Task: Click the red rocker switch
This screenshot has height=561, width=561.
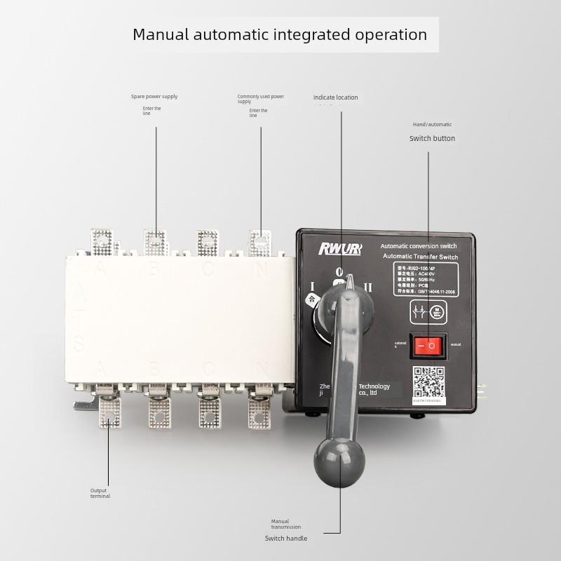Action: (x=428, y=345)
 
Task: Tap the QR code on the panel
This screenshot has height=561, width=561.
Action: (x=428, y=383)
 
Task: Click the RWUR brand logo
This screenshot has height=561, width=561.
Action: (x=339, y=248)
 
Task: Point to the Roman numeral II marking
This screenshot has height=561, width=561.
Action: (x=368, y=287)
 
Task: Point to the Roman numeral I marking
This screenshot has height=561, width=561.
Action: (x=311, y=286)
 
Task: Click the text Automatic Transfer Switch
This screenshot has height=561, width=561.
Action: (x=420, y=257)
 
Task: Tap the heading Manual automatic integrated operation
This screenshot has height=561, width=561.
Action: (x=280, y=34)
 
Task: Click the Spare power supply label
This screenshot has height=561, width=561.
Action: (x=154, y=97)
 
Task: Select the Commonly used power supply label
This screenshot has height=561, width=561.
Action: (x=260, y=99)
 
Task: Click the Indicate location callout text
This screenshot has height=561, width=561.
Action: (x=335, y=97)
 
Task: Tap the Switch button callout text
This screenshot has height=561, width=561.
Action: (x=432, y=138)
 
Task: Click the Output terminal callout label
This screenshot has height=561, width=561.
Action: (x=100, y=493)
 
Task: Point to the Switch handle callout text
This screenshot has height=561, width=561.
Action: (x=285, y=539)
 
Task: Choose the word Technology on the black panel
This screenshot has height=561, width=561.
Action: (x=374, y=386)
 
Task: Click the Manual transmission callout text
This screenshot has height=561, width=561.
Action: (x=286, y=524)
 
